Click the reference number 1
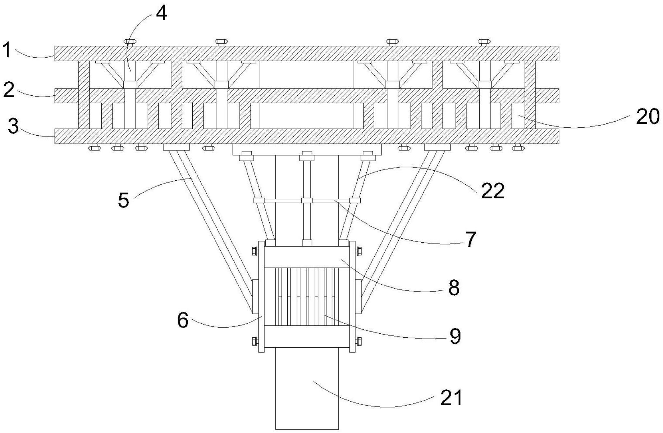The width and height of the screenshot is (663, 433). point(7,50)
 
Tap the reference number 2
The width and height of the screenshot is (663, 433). point(9,90)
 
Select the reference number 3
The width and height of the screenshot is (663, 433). point(13,126)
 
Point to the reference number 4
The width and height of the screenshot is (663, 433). point(161,14)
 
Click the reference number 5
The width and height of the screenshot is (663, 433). point(123,200)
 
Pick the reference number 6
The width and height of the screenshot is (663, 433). point(183,320)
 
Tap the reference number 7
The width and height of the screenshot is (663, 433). point(471,239)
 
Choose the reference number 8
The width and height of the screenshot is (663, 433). point(454,288)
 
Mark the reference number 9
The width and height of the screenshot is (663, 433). point(455,337)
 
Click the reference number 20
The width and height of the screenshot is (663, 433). point(648,117)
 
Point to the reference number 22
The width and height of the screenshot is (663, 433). point(493,191)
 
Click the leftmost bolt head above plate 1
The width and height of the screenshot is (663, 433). point(129,42)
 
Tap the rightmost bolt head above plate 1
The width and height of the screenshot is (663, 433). point(484,42)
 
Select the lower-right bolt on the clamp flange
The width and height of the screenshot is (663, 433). point(358,340)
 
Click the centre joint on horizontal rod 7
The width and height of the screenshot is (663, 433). point(307,200)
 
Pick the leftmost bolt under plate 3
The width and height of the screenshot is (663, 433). point(94,147)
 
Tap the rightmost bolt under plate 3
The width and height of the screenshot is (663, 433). point(518,147)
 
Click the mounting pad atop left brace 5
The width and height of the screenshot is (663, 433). point(176,147)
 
